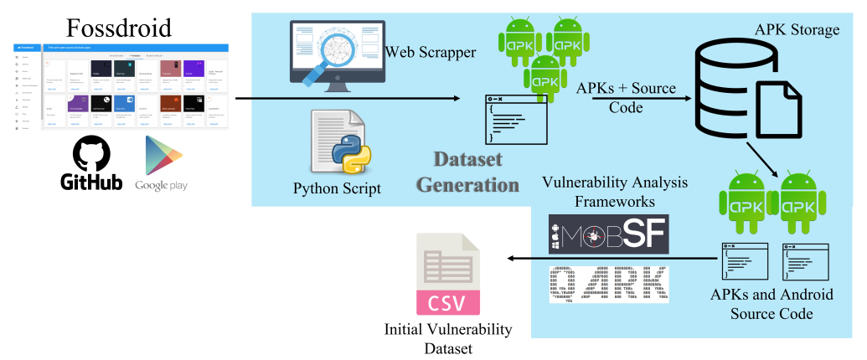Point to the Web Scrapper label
(431, 53)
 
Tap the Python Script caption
(337, 188)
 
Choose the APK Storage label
(796, 30)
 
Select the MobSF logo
(607, 234)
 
